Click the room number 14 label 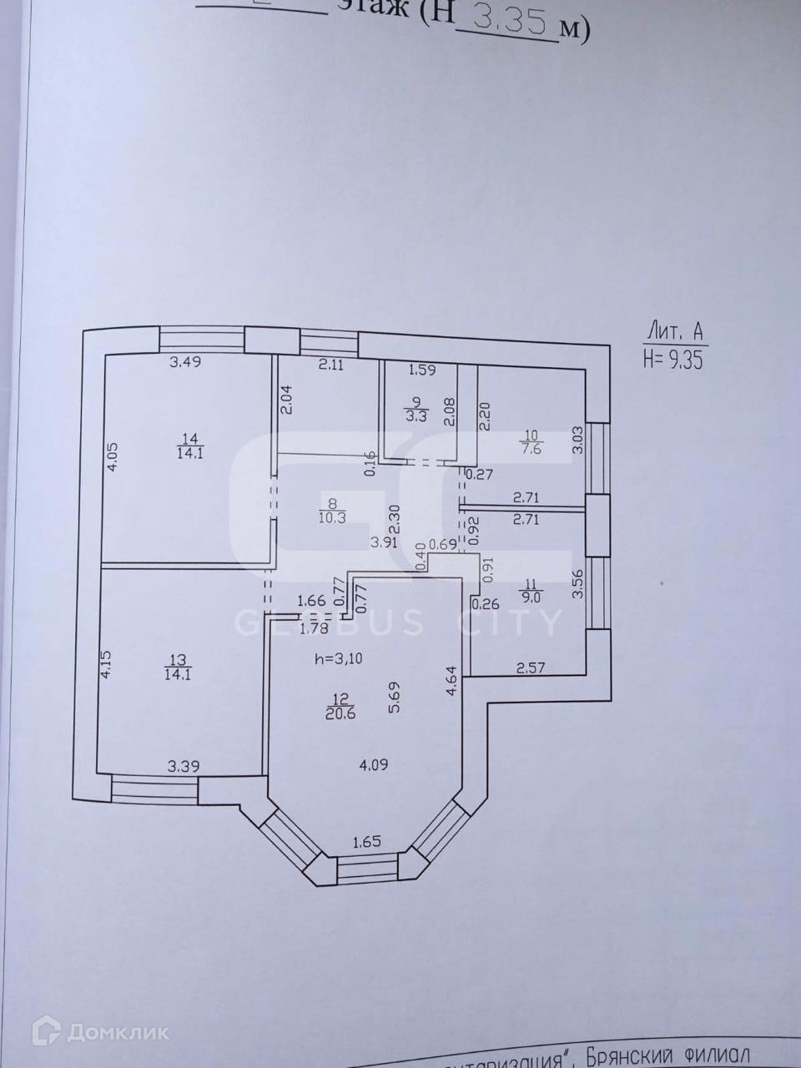(x=185, y=436)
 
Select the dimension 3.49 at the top (x=186, y=362)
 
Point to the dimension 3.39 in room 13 (x=183, y=767)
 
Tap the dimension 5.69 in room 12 (x=393, y=696)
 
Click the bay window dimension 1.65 (x=366, y=841)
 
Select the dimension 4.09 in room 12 (x=374, y=763)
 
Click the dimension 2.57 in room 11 (x=531, y=667)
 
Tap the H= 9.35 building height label (x=675, y=359)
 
